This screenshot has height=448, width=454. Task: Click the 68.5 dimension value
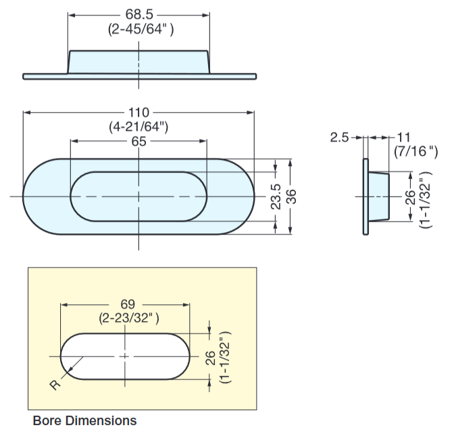(138, 14)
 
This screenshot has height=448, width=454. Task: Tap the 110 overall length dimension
(138, 112)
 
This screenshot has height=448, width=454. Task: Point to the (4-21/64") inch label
(138, 126)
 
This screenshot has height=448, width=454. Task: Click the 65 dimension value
(138, 141)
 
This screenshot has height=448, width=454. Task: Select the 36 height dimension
(292, 196)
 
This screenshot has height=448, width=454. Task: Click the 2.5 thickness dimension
(339, 138)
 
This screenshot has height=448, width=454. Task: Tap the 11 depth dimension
(404, 138)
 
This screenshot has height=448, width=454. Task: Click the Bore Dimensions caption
(84, 421)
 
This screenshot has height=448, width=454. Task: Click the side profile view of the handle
(376, 196)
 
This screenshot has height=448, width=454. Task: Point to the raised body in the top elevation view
(138, 61)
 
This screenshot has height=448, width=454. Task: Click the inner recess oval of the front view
(138, 196)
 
